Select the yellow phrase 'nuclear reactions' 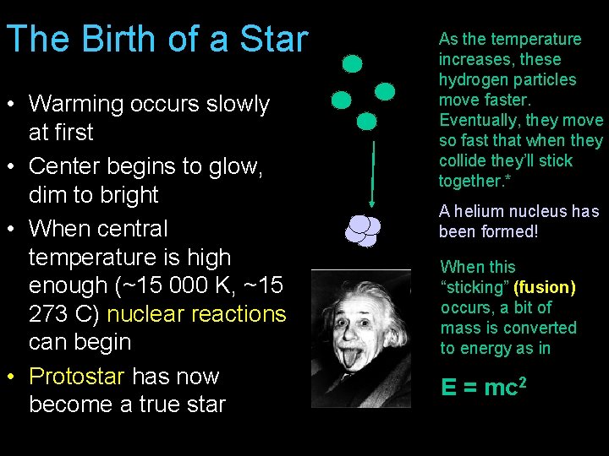tap(196, 313)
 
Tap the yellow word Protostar tap(76, 376)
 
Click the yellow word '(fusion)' tap(544, 287)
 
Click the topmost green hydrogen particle tap(352, 63)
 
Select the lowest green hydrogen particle tap(366, 122)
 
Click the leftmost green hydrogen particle tap(341, 100)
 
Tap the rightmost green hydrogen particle tap(385, 91)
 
